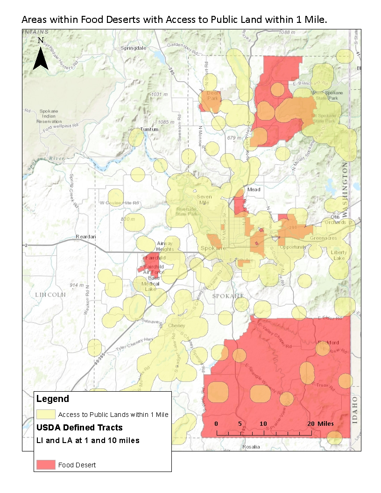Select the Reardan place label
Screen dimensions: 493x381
(x=85, y=237)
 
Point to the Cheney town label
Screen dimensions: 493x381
(x=176, y=325)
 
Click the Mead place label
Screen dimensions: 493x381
(x=254, y=190)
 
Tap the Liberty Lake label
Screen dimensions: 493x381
(x=339, y=255)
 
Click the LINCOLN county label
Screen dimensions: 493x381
(x=51, y=295)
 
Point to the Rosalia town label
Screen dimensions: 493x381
(x=251, y=446)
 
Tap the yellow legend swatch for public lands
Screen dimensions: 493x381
(x=46, y=414)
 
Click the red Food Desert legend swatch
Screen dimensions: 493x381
(x=46, y=465)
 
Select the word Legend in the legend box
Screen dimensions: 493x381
(x=52, y=399)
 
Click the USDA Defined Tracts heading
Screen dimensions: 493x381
(x=79, y=427)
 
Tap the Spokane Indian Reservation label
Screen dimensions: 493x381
(x=48, y=116)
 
